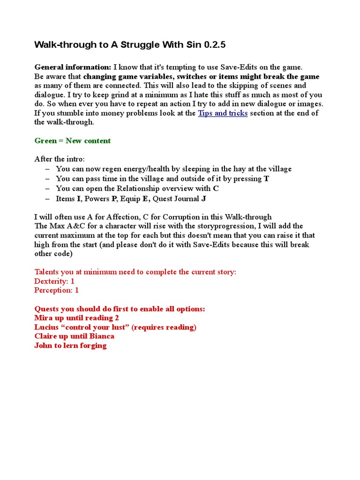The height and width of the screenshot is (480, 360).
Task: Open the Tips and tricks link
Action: [x=223, y=113]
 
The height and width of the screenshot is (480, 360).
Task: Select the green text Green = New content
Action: [x=73, y=141]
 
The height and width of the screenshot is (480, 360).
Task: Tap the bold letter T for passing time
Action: [x=266, y=179]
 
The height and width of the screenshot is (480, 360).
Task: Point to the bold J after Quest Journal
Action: [x=203, y=198]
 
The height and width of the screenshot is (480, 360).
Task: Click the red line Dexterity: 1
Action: [x=54, y=281]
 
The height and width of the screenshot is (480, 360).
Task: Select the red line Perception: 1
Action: [x=56, y=290]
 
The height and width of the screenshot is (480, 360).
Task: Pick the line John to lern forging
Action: [x=70, y=345]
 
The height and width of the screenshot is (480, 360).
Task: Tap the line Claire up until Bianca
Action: [x=74, y=336]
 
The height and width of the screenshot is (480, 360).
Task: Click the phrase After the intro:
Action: [x=60, y=159]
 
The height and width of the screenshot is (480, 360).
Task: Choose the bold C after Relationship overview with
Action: [x=216, y=188]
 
